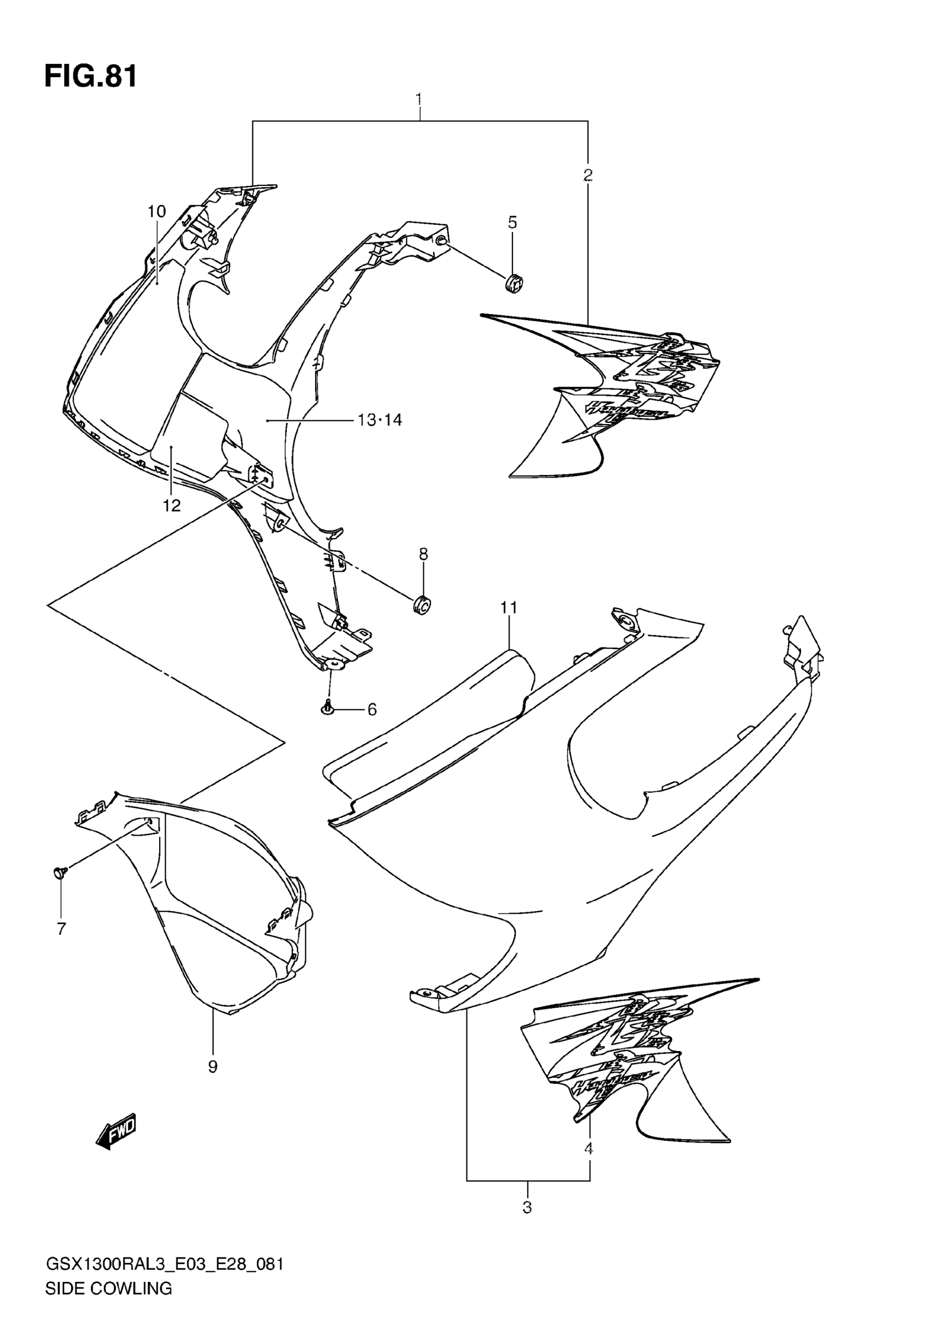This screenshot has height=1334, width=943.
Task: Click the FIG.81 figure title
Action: coord(91,77)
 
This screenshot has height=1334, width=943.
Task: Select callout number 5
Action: coord(512,223)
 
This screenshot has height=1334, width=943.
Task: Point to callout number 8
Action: coord(423,554)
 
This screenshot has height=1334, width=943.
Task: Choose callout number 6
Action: coord(372,709)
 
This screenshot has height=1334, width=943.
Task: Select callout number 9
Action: coord(212,1066)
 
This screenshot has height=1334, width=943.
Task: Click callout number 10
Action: coord(156,211)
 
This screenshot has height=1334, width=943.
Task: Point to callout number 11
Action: coord(509,608)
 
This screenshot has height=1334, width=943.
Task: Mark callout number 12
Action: coord(171,506)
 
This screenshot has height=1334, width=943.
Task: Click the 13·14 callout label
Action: coord(380,420)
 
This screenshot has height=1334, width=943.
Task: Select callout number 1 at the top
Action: coord(419,99)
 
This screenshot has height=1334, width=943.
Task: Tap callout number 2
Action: coord(587,174)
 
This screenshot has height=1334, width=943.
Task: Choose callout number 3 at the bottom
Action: coord(526,1207)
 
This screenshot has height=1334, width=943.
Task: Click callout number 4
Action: coord(589,1148)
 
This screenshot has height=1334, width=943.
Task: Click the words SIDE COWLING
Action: coord(109,1288)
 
